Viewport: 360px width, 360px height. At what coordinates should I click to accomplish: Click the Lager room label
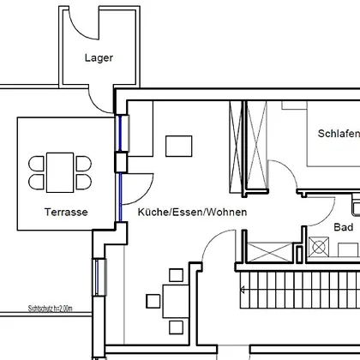[99, 58]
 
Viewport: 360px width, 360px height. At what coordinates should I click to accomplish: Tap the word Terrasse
[66, 212]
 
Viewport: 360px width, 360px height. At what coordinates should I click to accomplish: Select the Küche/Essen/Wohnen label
[192, 212]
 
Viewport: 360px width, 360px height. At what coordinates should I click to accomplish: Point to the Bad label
[344, 227]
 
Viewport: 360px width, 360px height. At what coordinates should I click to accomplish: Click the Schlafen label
[339, 134]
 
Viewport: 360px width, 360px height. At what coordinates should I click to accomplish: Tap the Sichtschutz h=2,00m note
[50, 309]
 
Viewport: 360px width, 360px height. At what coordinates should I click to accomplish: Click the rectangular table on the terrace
[60, 172]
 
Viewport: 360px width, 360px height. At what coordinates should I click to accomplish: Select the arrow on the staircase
[243, 290]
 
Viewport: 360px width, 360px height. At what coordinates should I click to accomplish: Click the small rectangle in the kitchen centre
[179, 146]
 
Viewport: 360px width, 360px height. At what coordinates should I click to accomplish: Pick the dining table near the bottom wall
[176, 301]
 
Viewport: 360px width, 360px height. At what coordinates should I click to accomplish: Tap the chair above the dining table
[176, 275]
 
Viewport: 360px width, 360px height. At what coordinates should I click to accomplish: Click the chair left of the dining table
[153, 301]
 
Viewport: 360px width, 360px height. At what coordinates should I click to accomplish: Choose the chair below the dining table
[176, 327]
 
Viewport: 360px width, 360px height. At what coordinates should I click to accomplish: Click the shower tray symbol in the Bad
[319, 247]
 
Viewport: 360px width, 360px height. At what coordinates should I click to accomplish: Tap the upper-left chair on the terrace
[36, 164]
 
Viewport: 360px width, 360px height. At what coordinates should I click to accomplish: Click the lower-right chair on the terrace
[84, 182]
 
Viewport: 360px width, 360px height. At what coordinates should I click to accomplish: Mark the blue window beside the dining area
[97, 277]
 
